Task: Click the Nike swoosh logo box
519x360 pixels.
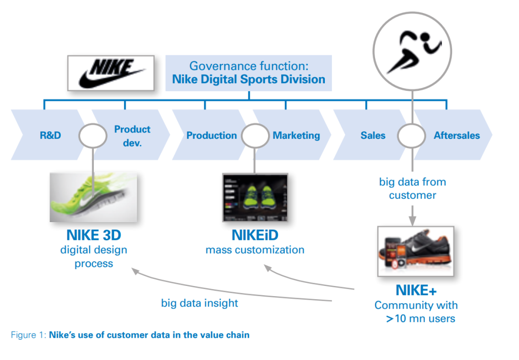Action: pyautogui.click(x=111, y=73)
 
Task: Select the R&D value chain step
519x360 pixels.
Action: pyautogui.click(x=50, y=135)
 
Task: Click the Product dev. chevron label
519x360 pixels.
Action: pyautogui.click(x=132, y=135)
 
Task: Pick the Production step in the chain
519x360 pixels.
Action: pyautogui.click(x=211, y=135)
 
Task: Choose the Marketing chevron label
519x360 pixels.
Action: pyautogui.click(x=296, y=135)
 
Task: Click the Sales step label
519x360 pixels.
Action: pyautogui.click(x=373, y=135)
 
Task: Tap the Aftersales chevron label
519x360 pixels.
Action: pyautogui.click(x=456, y=135)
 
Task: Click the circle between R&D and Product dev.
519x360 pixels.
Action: pyautogui.click(x=93, y=135)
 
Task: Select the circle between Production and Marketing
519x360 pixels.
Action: pyautogui.click(x=254, y=135)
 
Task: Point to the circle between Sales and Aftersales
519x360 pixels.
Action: pyautogui.click(x=411, y=135)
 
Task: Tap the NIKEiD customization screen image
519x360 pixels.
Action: pyautogui.click(x=254, y=197)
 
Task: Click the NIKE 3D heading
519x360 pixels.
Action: pyautogui.click(x=94, y=236)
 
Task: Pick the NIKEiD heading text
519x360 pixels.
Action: pyautogui.click(x=255, y=236)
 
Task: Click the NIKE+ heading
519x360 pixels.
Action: pyautogui.click(x=416, y=291)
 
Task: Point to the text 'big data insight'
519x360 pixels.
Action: pyautogui.click(x=200, y=303)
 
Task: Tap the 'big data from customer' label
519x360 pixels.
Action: pyautogui.click(x=412, y=188)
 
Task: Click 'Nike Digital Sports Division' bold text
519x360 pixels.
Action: pyautogui.click(x=248, y=79)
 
